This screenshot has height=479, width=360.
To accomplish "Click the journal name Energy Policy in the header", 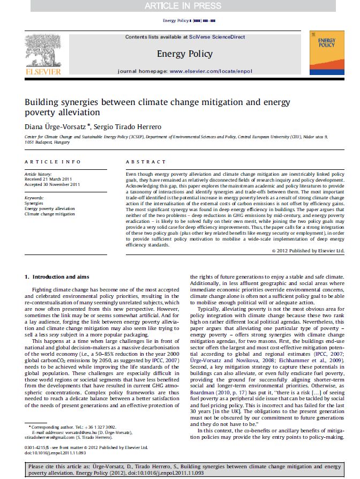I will point(184,54).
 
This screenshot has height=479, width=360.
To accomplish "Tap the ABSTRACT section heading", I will point(146,162).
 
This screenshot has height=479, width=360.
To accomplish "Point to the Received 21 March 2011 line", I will point(49,179).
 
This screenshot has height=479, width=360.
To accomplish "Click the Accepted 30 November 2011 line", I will point(52,184).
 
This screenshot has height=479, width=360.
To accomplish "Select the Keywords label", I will point(34,198).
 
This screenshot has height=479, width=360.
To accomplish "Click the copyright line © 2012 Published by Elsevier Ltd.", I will point(307,250).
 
